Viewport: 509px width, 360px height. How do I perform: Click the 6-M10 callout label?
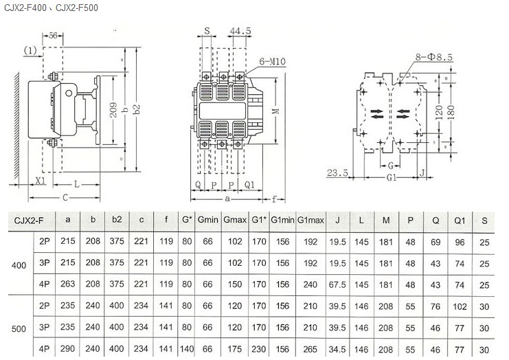point(272,61)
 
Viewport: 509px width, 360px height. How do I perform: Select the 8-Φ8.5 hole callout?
point(434,57)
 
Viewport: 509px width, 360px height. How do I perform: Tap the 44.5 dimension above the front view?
point(240,31)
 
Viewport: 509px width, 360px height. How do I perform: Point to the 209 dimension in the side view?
point(113,110)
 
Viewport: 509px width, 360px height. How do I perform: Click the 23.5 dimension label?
point(337,172)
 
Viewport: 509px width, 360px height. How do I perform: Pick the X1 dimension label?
point(41,181)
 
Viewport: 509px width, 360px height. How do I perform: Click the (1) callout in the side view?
point(30,50)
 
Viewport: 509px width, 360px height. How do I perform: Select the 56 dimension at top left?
point(53,36)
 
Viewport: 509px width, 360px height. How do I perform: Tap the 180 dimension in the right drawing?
point(451,112)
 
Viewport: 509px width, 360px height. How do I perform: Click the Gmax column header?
point(235,220)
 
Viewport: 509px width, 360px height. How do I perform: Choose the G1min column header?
point(282,220)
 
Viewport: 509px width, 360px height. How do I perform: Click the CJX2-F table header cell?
point(29,221)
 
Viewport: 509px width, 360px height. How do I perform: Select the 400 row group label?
point(19,265)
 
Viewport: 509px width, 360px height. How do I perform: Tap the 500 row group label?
point(19,329)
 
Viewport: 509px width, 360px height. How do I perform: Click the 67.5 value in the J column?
point(337,284)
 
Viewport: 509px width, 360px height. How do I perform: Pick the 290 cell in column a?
point(67,349)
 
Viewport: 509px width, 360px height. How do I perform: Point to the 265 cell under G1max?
point(310,349)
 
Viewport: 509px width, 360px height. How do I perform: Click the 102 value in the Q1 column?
point(460,307)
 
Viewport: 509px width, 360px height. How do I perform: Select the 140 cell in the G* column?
point(187,349)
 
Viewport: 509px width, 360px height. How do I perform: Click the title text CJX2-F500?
point(77,8)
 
